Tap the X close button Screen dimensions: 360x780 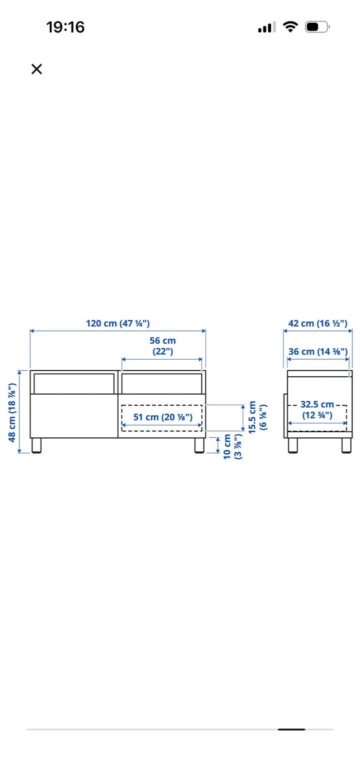36,69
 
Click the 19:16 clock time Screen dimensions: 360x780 65,27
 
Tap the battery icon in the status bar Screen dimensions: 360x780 317,27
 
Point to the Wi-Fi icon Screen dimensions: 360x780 290,26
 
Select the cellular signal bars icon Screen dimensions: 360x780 267,27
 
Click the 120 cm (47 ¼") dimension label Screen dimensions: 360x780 118,323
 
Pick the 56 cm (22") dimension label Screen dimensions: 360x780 162,346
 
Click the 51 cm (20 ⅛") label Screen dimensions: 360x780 162,417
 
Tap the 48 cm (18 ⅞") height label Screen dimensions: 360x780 12,413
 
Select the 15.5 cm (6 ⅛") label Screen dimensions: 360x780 257,417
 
